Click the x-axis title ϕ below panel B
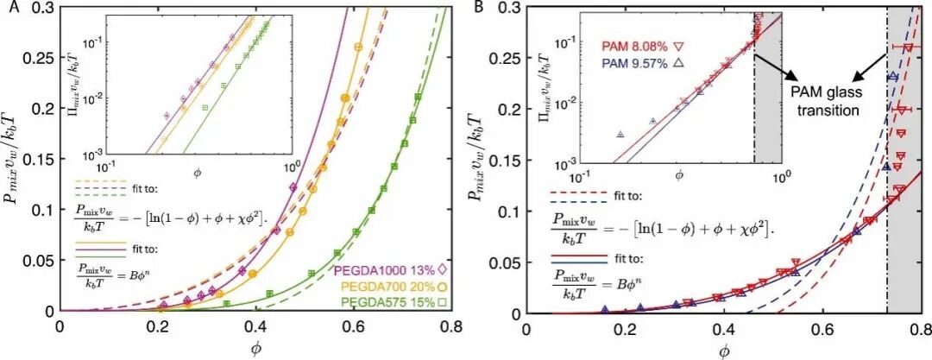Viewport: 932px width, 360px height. point(723,349)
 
